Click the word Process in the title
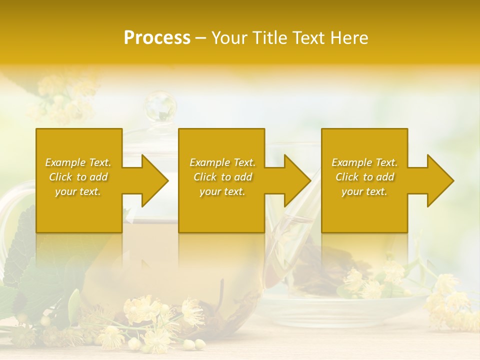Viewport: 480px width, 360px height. coord(157,38)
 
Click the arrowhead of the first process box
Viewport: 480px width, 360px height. coord(150,180)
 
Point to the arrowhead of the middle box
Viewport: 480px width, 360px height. coord(293,180)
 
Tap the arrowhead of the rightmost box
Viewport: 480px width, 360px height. coord(435,180)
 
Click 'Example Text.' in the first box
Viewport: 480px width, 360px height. coord(78,162)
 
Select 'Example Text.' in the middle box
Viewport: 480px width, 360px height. coord(222,162)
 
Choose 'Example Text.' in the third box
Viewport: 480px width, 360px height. coord(364,162)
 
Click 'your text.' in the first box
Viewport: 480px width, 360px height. coord(78,191)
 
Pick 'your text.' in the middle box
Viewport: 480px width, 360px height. coord(222,191)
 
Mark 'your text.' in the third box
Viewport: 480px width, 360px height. coord(364,191)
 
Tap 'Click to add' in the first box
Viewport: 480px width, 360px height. coord(78,177)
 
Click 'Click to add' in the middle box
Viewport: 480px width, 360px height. coord(222,177)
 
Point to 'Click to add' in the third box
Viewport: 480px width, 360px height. coord(364,177)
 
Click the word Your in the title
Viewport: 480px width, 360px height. coord(228,38)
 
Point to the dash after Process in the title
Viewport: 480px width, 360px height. coord(201,38)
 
